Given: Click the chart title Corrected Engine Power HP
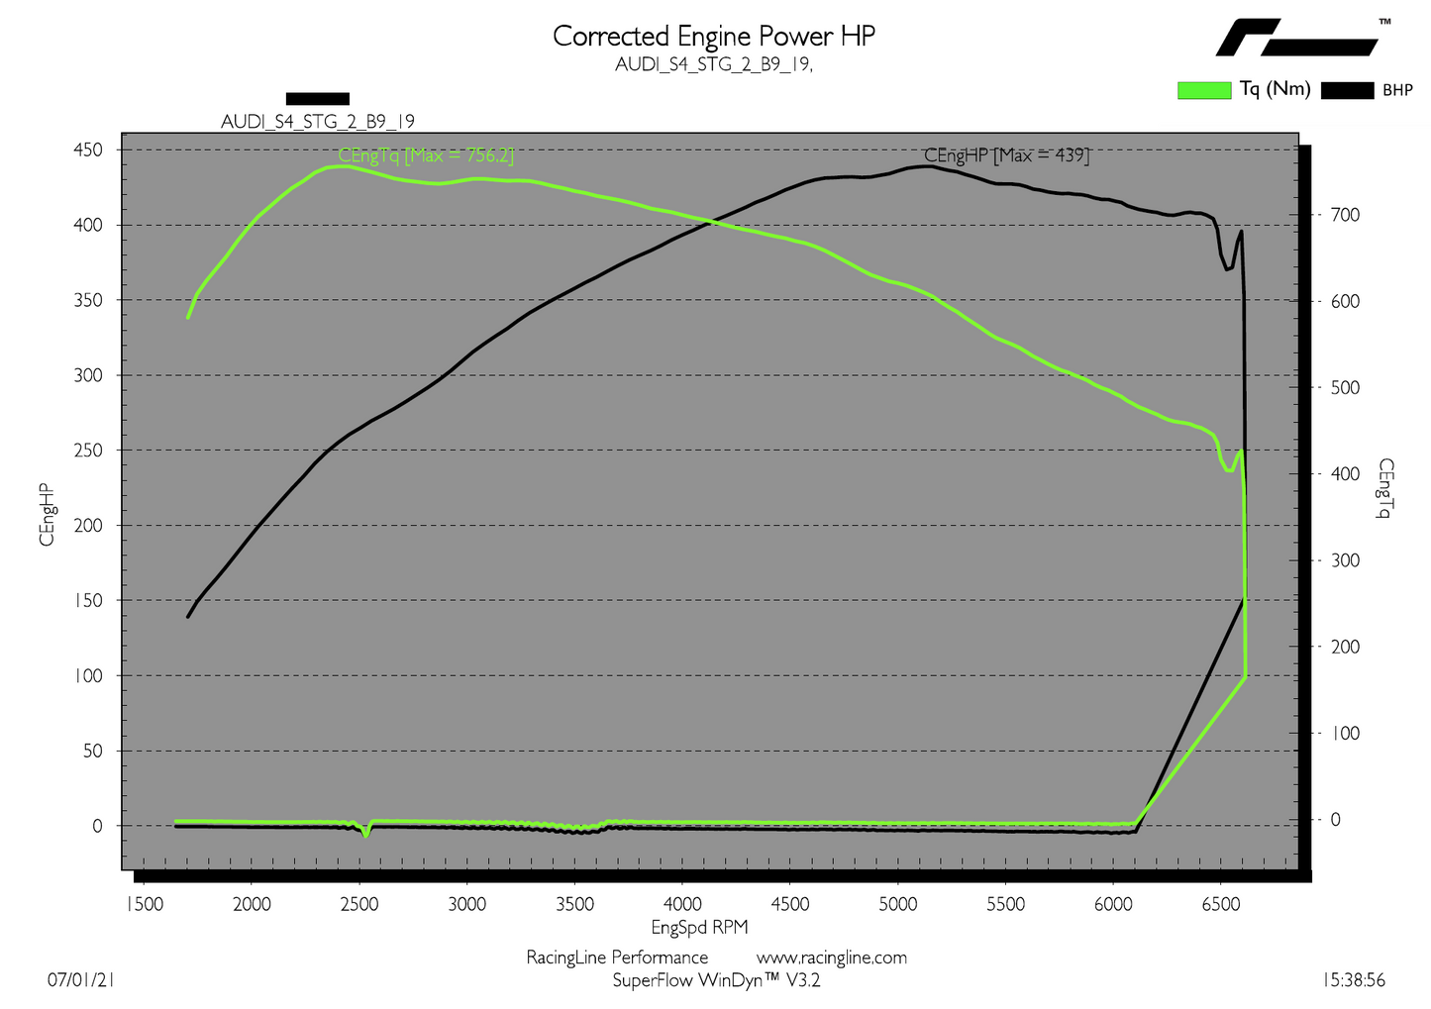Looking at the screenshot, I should click(x=714, y=36).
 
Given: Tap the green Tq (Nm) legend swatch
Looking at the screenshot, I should click(x=1203, y=90).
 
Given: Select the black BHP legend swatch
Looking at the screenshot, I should click(x=1347, y=90).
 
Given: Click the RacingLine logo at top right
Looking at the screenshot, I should click(x=1297, y=38).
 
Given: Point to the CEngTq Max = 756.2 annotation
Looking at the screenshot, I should click(x=426, y=155).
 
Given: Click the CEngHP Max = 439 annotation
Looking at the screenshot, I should click(x=1006, y=155).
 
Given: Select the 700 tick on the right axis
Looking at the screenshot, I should click(x=1344, y=215).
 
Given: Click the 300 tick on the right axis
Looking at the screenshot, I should click(x=1344, y=560).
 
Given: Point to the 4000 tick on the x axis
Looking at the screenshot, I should click(x=682, y=903).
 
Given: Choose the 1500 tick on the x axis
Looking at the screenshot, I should click(x=145, y=903).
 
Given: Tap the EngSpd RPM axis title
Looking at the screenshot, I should click(x=699, y=927).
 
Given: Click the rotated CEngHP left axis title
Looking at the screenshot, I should click(x=47, y=514).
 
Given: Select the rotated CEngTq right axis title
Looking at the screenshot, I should click(x=1385, y=488).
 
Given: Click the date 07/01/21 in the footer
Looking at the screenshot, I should click(x=81, y=980).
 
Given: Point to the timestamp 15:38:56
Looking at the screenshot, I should click(x=1354, y=980).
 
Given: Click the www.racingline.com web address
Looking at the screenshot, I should click(x=832, y=958).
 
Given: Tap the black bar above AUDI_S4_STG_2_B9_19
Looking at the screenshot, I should click(x=318, y=98).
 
